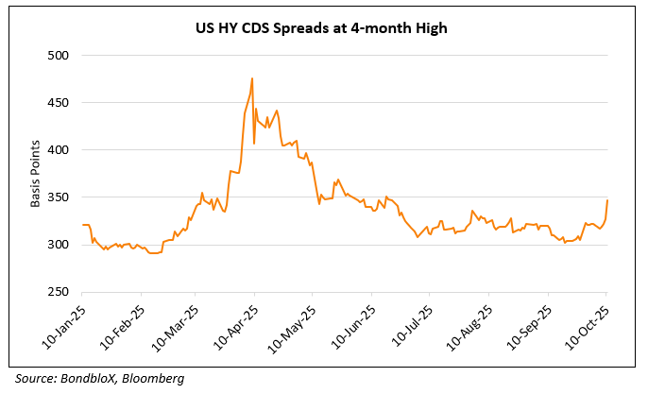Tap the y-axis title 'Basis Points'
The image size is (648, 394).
35,174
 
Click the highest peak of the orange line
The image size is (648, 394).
252,78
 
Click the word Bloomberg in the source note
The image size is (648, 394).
153,378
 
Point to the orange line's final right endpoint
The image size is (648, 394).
607,200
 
